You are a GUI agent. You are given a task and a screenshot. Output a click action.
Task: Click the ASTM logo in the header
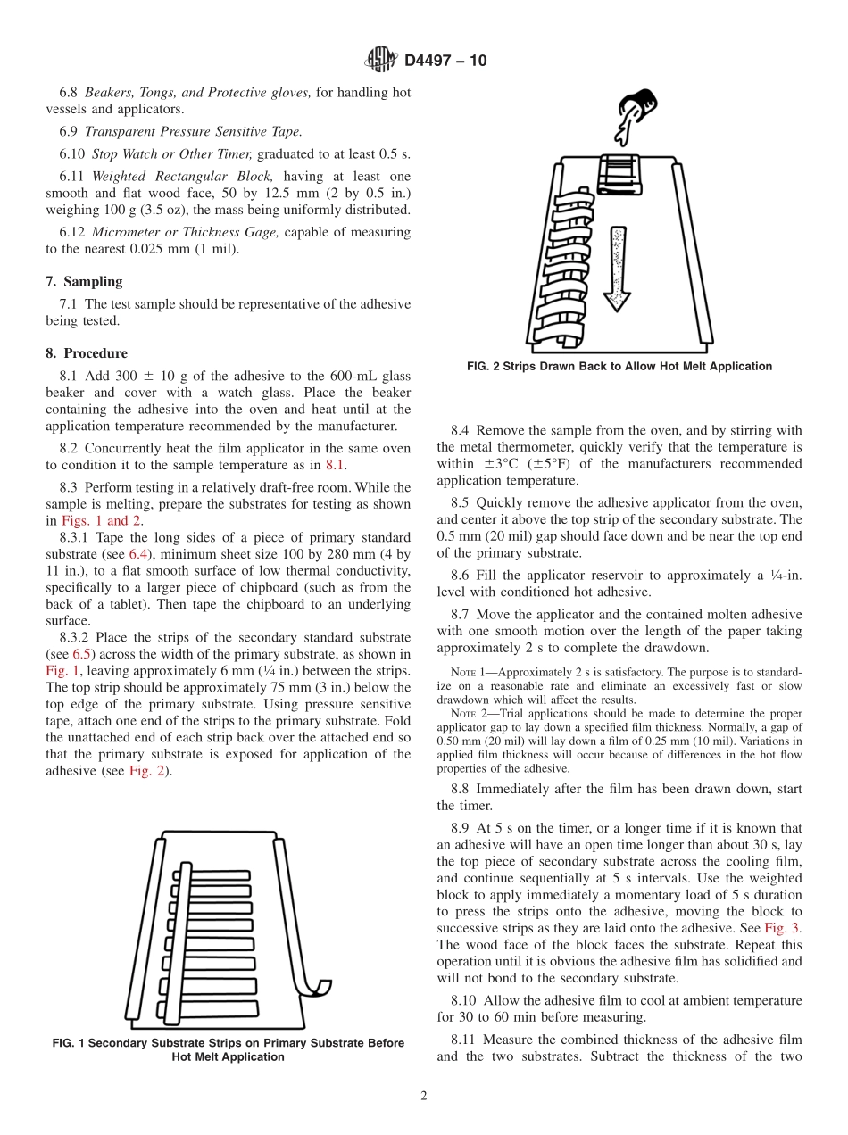tap(381, 61)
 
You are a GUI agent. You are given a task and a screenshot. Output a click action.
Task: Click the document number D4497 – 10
tap(444, 62)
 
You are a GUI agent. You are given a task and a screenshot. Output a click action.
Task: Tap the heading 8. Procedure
tap(87, 353)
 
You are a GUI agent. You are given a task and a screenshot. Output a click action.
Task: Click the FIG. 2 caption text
tap(619, 366)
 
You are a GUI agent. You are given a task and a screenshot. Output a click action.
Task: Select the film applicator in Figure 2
tap(617, 172)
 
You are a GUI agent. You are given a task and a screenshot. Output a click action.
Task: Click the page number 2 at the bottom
tap(424, 1096)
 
